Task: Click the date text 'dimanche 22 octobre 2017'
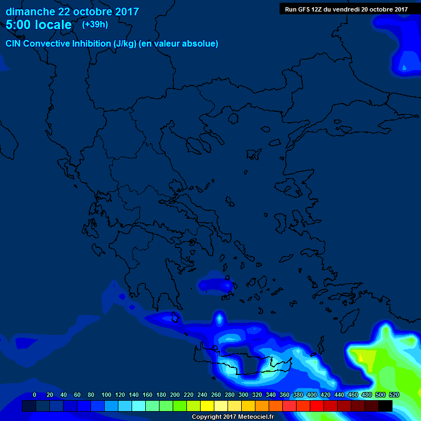[72, 12]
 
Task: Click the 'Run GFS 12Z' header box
[346, 9]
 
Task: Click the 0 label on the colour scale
[35, 395]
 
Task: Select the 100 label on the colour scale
[106, 395]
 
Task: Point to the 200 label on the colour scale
[175, 395]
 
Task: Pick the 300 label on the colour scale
[243, 395]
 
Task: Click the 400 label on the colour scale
[312, 395]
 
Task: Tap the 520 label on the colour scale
[394, 395]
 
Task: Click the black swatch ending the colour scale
[385, 406]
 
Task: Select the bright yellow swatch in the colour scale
[207, 406]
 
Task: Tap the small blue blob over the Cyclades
[215, 285]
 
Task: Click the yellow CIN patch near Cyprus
[366, 359]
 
